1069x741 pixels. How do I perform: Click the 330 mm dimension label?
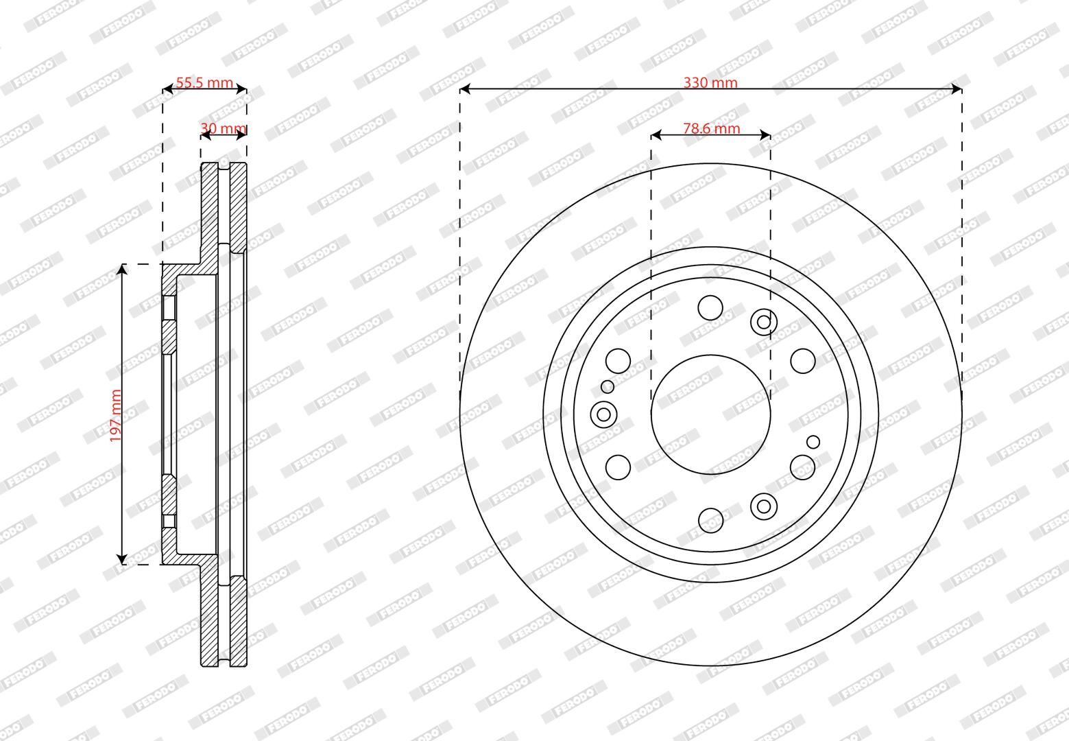coord(710,83)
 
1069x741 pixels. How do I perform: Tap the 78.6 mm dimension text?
coord(711,128)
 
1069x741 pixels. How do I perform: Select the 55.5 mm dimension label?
coord(204,83)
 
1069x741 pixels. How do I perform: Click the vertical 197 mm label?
coord(115,415)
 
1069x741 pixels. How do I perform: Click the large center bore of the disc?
coord(710,414)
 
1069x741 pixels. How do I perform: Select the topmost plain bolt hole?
coord(710,307)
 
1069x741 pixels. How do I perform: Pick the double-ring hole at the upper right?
coord(763,321)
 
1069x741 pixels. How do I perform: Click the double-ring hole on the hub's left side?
coord(603,414)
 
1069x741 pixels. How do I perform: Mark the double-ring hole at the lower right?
coord(763,506)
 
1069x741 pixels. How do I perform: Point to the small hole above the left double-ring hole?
coord(608,387)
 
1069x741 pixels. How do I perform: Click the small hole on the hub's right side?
coord(813,441)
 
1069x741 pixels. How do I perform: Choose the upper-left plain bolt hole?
coord(618,360)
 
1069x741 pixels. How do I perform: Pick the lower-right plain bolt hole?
coord(802,467)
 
